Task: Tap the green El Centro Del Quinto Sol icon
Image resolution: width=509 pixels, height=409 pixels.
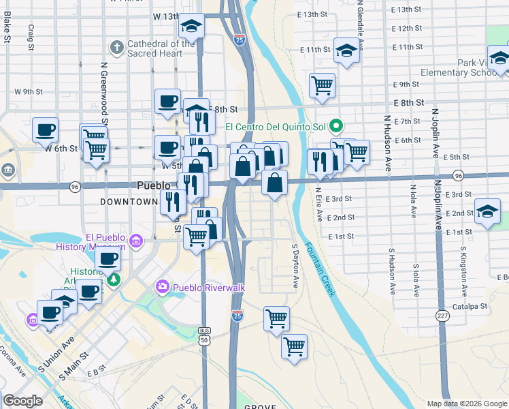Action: [x=335, y=126]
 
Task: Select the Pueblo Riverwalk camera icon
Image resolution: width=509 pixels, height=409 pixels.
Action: [x=163, y=288]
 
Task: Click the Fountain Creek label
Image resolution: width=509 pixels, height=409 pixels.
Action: [x=321, y=269]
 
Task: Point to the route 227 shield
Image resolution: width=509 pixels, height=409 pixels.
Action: [x=442, y=316]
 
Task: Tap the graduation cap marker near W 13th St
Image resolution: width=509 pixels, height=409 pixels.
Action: [x=192, y=26]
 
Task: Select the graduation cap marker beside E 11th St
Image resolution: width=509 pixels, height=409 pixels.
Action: [x=347, y=51]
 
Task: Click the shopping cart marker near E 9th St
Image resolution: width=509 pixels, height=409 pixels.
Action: [x=322, y=86]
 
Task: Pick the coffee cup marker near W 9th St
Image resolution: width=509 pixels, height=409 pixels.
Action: [x=167, y=102]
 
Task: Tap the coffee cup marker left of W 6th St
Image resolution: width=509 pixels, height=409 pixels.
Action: [x=45, y=130]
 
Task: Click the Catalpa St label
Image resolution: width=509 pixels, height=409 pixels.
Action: [x=472, y=307]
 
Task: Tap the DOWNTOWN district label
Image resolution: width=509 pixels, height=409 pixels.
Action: [x=129, y=202]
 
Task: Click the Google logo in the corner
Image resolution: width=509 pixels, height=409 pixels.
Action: [x=23, y=401]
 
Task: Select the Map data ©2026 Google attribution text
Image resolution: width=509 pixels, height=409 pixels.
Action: [x=467, y=404]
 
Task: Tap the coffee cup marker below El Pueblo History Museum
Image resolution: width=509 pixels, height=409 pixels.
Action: [x=108, y=260]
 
